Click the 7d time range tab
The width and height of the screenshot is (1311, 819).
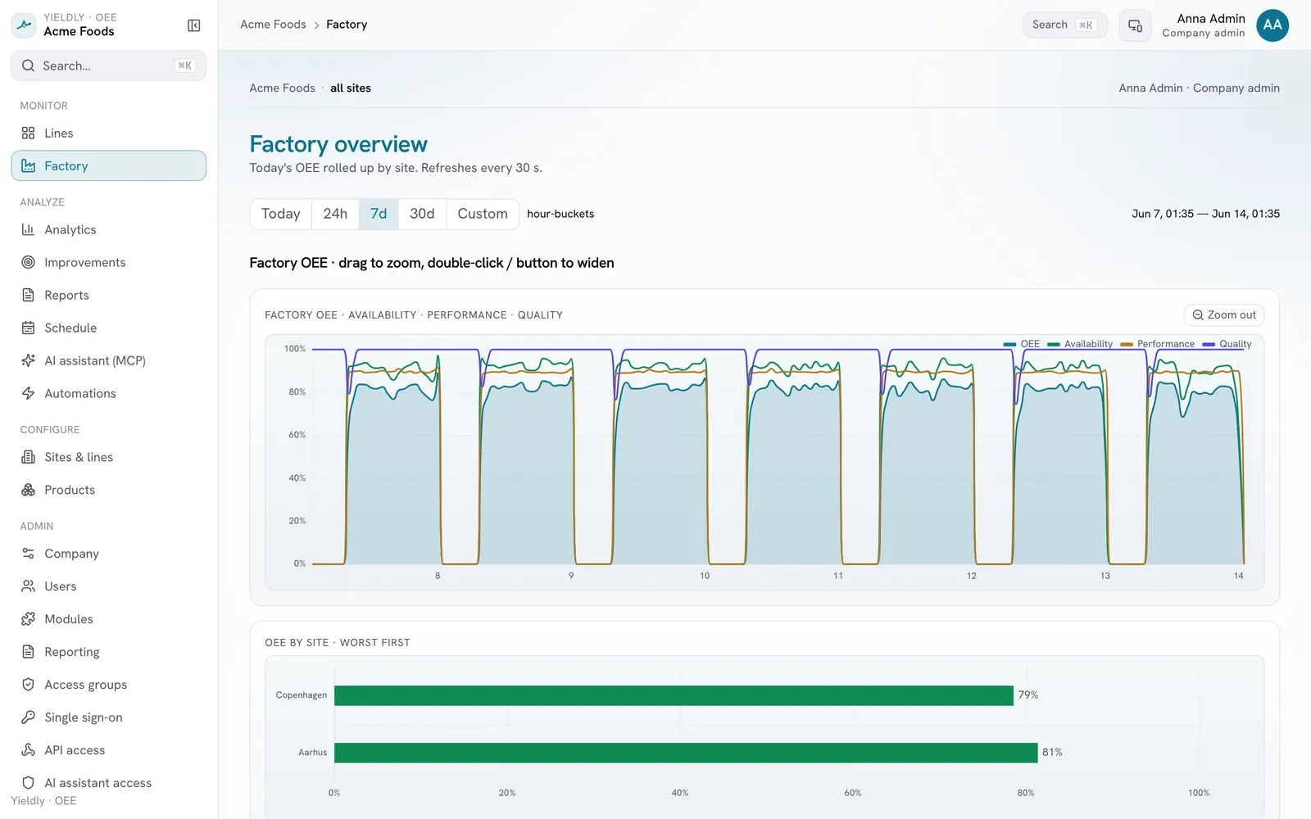click(x=378, y=214)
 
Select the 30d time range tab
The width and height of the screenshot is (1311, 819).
click(x=422, y=214)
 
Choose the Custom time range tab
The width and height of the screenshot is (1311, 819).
click(x=483, y=214)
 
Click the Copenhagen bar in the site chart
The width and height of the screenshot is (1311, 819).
click(x=674, y=695)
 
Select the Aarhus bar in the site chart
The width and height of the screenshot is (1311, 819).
click(x=686, y=753)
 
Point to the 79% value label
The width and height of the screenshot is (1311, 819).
click(x=1027, y=695)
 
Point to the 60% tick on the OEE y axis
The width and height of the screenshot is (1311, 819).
click(x=297, y=435)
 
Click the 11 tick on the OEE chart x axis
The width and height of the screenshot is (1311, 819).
click(x=838, y=576)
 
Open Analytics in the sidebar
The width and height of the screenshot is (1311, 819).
click(x=70, y=229)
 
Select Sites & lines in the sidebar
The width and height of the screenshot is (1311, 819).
click(x=79, y=457)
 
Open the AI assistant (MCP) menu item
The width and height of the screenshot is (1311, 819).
click(x=95, y=360)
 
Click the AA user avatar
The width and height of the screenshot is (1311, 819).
click(x=1272, y=25)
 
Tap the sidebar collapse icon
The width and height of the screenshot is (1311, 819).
click(x=193, y=25)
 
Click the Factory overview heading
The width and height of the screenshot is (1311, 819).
click(x=338, y=144)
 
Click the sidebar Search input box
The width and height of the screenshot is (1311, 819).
click(x=109, y=66)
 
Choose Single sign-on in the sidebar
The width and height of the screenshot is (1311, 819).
click(x=83, y=717)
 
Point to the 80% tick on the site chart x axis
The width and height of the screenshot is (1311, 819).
click(x=1025, y=793)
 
